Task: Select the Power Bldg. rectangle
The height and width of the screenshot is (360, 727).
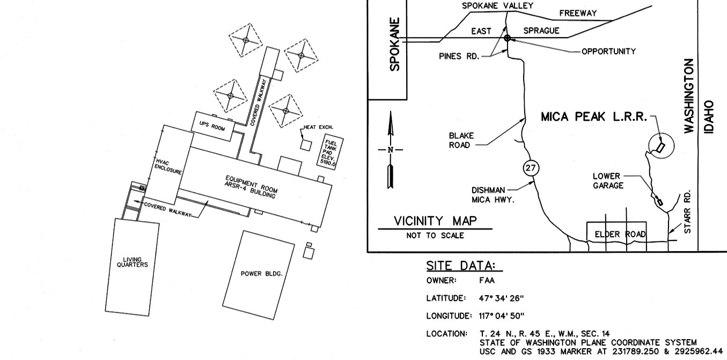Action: (x=259, y=275)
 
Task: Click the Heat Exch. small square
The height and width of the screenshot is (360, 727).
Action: (x=306, y=144)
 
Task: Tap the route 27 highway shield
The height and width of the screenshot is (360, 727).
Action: (x=531, y=168)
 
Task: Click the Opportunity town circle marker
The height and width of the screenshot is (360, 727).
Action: (x=507, y=38)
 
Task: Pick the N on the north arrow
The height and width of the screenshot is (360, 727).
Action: (x=391, y=150)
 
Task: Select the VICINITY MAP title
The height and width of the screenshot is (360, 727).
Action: (x=435, y=221)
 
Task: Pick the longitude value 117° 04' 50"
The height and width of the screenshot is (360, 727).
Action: (x=502, y=315)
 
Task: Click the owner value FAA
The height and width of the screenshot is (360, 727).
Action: (x=488, y=280)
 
